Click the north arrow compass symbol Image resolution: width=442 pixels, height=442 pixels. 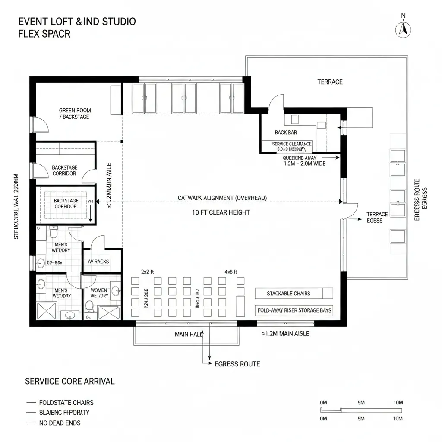404,29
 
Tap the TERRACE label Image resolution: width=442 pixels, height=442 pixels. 330,82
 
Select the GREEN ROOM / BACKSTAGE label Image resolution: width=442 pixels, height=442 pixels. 75,114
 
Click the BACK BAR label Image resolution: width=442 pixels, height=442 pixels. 286,133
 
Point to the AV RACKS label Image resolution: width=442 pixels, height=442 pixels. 98,262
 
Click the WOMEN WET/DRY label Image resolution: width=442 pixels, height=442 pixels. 99,293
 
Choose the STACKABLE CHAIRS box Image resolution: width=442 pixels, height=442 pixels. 294,294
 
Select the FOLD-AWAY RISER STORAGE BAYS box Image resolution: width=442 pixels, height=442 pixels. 294,310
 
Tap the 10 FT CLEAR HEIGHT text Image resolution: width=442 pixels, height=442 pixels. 221,212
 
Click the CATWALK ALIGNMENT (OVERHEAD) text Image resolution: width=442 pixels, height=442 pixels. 222,198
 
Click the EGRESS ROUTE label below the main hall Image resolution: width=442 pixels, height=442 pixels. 237,364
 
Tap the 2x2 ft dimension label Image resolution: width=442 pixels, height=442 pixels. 148,272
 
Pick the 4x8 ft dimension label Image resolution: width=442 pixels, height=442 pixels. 230,272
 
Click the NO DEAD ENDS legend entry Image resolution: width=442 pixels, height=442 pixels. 60,423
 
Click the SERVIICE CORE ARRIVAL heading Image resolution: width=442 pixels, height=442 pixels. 69,381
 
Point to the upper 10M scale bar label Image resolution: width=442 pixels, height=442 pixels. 398,402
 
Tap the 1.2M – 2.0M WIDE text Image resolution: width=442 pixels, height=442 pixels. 304,164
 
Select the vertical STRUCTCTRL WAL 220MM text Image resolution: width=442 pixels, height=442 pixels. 16,206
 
